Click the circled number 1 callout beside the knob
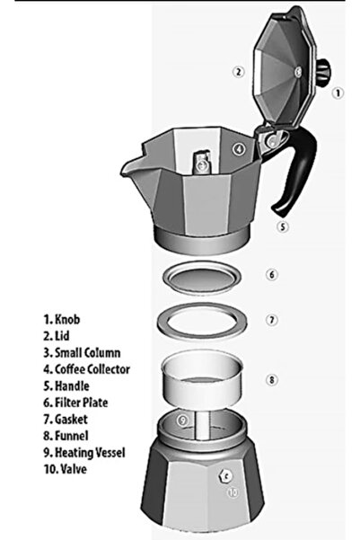[x=338, y=92]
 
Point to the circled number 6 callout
[x=272, y=274]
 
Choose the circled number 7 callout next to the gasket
[x=272, y=319]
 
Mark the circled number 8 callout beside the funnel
[x=272, y=379]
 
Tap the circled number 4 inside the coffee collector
[x=239, y=149]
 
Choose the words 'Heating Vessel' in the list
[x=91, y=452]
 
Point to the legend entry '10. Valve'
[x=67, y=469]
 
